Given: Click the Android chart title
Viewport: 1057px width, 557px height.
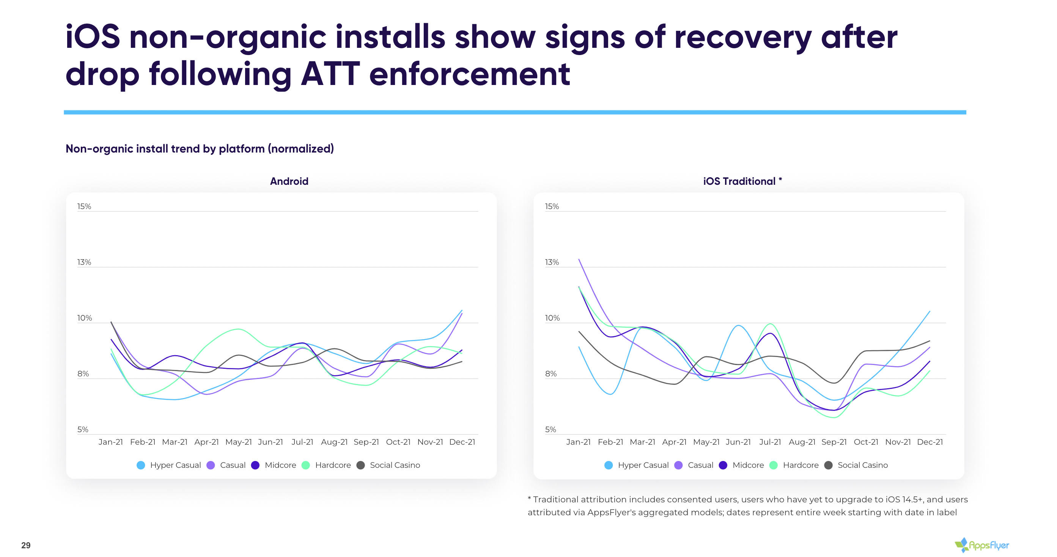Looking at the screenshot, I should tap(289, 181).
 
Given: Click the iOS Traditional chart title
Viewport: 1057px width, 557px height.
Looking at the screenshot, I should tap(742, 181).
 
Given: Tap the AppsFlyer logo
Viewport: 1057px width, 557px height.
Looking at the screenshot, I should tap(981, 545).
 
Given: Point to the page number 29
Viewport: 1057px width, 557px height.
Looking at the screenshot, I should tap(26, 545).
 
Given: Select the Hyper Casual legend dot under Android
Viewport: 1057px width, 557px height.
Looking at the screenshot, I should tap(141, 465).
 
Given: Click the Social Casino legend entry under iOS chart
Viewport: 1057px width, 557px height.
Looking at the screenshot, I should tap(857, 465).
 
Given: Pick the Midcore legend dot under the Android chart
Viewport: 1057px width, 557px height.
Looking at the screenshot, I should tap(255, 465).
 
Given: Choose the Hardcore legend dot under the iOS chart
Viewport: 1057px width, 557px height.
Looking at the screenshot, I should tap(774, 465).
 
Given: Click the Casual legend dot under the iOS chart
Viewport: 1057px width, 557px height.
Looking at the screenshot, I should tap(678, 465).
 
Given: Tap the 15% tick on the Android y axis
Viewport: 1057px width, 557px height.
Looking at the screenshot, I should tap(84, 206).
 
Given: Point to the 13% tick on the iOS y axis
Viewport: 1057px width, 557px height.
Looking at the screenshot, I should tap(552, 262).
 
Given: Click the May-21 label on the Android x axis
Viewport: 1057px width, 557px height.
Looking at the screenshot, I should tap(238, 442).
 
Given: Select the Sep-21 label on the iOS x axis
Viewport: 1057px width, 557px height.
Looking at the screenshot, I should tap(834, 442).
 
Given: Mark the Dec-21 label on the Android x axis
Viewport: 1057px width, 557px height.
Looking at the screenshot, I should tap(462, 442).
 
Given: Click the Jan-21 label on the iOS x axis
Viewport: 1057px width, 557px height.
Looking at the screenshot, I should tap(578, 442).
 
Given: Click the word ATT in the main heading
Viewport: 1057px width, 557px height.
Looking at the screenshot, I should tap(330, 74).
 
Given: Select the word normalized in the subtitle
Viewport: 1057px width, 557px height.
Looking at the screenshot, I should tap(301, 149).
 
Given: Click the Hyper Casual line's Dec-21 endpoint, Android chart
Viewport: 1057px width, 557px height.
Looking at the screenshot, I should tap(462, 310).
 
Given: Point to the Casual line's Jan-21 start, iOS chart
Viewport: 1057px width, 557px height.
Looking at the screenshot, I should tap(579, 259).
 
